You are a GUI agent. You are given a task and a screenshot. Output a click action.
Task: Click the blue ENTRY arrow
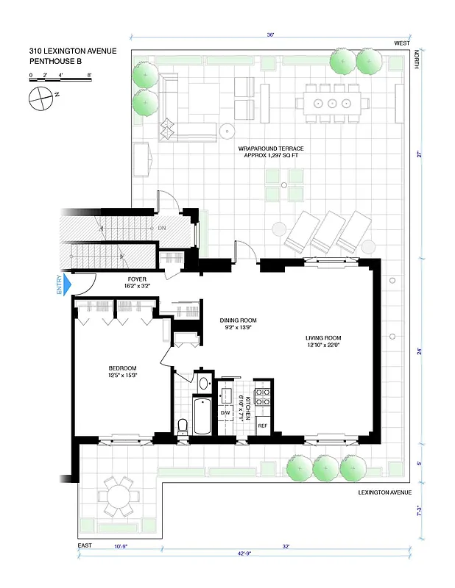tap(68, 284)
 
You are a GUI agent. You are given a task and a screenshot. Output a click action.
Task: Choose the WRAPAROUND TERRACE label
tap(271, 152)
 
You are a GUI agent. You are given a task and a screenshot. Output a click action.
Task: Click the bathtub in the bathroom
tap(200, 417)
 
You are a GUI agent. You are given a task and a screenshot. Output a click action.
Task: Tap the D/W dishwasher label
tap(225, 412)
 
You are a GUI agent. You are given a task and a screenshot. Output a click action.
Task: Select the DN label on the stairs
tap(161, 229)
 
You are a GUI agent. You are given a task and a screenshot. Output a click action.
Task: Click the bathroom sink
tap(204, 382)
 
